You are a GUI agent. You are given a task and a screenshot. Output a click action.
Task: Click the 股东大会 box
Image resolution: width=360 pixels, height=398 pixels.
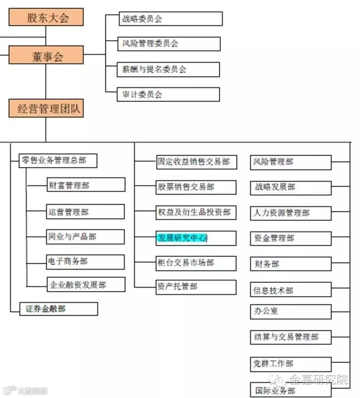(x=46, y=17)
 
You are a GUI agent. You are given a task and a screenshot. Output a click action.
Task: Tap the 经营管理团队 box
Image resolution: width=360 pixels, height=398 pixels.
(x=46, y=108)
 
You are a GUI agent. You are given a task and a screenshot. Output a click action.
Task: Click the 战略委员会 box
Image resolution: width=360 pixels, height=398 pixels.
(x=169, y=19)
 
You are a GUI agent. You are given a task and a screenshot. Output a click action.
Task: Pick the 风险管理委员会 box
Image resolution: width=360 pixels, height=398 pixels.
(x=168, y=44)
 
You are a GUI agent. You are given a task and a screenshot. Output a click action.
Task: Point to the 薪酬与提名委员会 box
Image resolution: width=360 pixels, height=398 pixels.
(x=168, y=69)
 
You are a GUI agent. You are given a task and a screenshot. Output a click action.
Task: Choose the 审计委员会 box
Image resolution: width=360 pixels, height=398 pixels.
(x=168, y=94)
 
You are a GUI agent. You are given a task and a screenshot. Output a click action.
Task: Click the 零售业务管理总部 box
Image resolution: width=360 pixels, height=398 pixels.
(x=59, y=160)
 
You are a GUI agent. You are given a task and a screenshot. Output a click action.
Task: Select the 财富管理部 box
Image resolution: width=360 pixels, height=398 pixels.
(x=85, y=185)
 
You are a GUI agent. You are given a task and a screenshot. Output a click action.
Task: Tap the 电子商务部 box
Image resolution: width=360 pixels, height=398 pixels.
(x=85, y=262)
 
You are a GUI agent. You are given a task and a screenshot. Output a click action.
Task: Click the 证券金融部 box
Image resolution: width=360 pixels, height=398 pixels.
(x=59, y=309)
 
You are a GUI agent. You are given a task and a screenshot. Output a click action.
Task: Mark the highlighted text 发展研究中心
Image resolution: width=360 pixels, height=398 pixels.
(x=182, y=238)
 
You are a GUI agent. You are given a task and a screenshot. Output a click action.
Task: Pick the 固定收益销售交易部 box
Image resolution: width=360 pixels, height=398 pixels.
(x=196, y=162)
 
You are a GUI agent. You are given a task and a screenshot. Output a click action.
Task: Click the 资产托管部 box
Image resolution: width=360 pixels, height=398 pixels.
(x=196, y=287)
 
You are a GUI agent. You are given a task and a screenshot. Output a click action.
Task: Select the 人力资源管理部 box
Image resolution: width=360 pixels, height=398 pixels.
(x=291, y=213)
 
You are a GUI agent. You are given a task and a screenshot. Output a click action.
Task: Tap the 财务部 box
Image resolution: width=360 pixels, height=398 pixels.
(x=291, y=264)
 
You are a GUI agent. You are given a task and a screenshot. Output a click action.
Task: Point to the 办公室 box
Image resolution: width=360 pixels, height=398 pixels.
(x=291, y=312)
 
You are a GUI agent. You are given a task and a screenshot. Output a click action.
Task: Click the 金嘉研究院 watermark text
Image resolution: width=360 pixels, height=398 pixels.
(x=318, y=379)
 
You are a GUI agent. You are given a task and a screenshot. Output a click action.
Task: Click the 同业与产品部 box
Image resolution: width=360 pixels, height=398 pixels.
(x=85, y=236)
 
